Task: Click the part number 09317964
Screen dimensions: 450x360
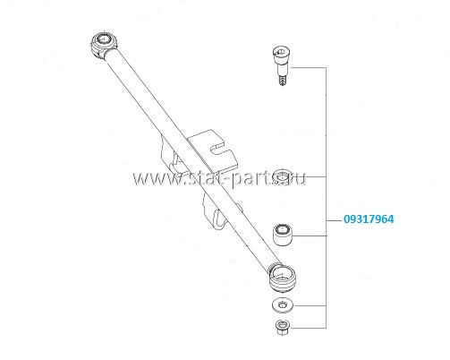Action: click(369, 219)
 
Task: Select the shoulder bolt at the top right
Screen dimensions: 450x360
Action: click(282, 65)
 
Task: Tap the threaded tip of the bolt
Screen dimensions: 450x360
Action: click(282, 81)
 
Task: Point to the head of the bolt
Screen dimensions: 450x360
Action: click(282, 54)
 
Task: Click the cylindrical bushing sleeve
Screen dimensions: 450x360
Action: click(283, 235)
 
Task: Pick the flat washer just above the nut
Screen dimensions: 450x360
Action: click(283, 305)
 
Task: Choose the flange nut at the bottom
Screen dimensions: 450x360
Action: click(282, 327)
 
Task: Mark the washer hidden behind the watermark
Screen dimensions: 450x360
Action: click(282, 176)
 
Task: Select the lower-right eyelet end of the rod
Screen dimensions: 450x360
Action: click(282, 279)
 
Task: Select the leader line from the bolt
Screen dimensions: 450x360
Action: click(309, 68)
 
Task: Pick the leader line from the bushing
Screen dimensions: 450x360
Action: click(310, 236)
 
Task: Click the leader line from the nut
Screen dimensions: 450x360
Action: click(309, 328)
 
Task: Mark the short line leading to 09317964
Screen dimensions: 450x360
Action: click(334, 220)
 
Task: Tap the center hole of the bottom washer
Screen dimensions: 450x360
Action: click(282, 304)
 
